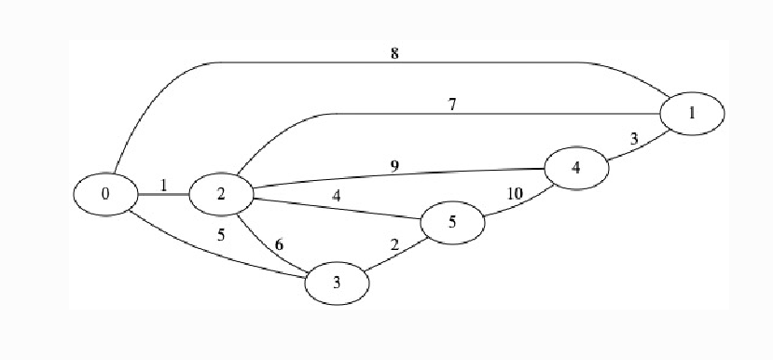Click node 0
[x=105, y=194]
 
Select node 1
[x=691, y=113]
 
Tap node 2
[x=221, y=194]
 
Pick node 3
[x=338, y=281]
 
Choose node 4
[x=575, y=169]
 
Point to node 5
[x=452, y=223]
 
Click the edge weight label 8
[x=395, y=53]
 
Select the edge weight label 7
[x=452, y=104]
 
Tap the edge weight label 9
[x=394, y=167]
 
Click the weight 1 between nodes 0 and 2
[x=163, y=185]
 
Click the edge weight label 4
[x=337, y=197]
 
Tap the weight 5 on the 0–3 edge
[x=221, y=235]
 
